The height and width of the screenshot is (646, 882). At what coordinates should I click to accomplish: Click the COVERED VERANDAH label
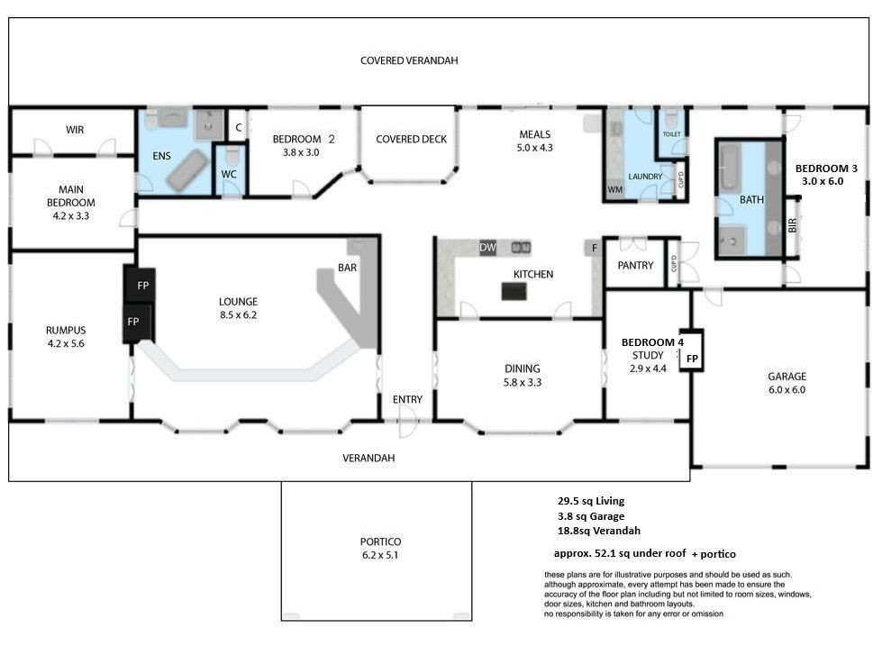pyautogui.click(x=409, y=60)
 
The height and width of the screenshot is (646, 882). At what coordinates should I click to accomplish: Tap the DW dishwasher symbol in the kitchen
pyautogui.click(x=487, y=247)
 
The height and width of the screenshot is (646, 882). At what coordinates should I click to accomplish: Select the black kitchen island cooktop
pyautogui.click(x=514, y=291)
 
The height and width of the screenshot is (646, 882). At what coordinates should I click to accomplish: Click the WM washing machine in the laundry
pyautogui.click(x=614, y=189)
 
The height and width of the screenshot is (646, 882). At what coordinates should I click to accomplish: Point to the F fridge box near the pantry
pyautogui.click(x=594, y=248)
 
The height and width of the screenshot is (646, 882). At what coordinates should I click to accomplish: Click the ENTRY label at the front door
pyautogui.click(x=407, y=399)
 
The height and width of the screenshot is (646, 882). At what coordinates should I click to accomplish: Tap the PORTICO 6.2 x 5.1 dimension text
pyautogui.click(x=380, y=555)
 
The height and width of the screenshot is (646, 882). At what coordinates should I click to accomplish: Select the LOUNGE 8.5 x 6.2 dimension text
pyautogui.click(x=238, y=315)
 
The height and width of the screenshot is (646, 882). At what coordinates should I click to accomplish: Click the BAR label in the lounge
pyautogui.click(x=347, y=268)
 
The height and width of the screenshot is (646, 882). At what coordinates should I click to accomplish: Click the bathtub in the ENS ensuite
pyautogui.click(x=186, y=170)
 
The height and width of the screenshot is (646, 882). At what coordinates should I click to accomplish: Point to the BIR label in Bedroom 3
pyautogui.click(x=793, y=225)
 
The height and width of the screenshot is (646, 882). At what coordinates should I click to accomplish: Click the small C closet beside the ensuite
pyautogui.click(x=239, y=128)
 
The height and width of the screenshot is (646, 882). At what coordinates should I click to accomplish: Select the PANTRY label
pyautogui.click(x=635, y=265)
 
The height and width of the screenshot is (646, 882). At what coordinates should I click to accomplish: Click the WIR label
pyautogui.click(x=74, y=130)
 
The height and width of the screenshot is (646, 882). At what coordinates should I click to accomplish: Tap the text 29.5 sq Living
pyautogui.click(x=591, y=501)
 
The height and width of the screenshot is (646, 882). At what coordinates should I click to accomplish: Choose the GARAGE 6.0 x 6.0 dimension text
pyautogui.click(x=787, y=389)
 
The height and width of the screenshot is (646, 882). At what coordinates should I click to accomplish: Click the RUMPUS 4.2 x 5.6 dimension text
pyautogui.click(x=66, y=343)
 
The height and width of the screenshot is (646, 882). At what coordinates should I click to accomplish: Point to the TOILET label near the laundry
pyautogui.click(x=671, y=134)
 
